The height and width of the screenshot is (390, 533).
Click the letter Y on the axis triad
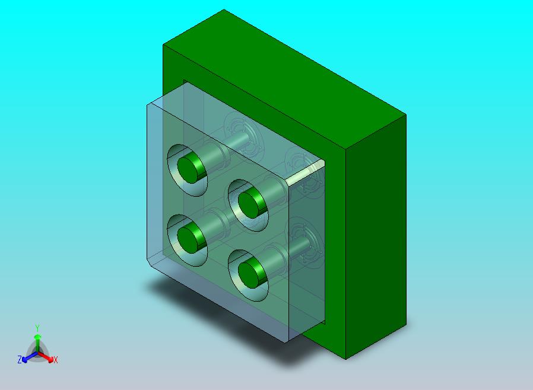(37, 328)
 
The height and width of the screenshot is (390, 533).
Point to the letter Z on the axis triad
(20, 359)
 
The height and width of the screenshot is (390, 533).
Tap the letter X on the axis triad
(56, 360)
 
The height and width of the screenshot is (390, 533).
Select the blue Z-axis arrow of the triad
(30, 357)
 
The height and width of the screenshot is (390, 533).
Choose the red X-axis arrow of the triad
(46, 357)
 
